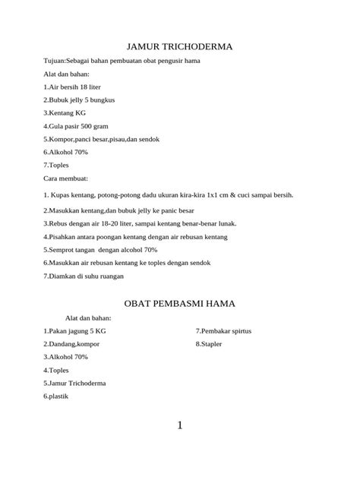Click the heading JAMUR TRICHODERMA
pos(179,47)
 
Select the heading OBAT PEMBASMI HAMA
pos(179,303)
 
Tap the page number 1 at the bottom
pos(180,425)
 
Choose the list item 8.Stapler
pos(210,344)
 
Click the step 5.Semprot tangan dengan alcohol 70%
pos(100,249)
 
